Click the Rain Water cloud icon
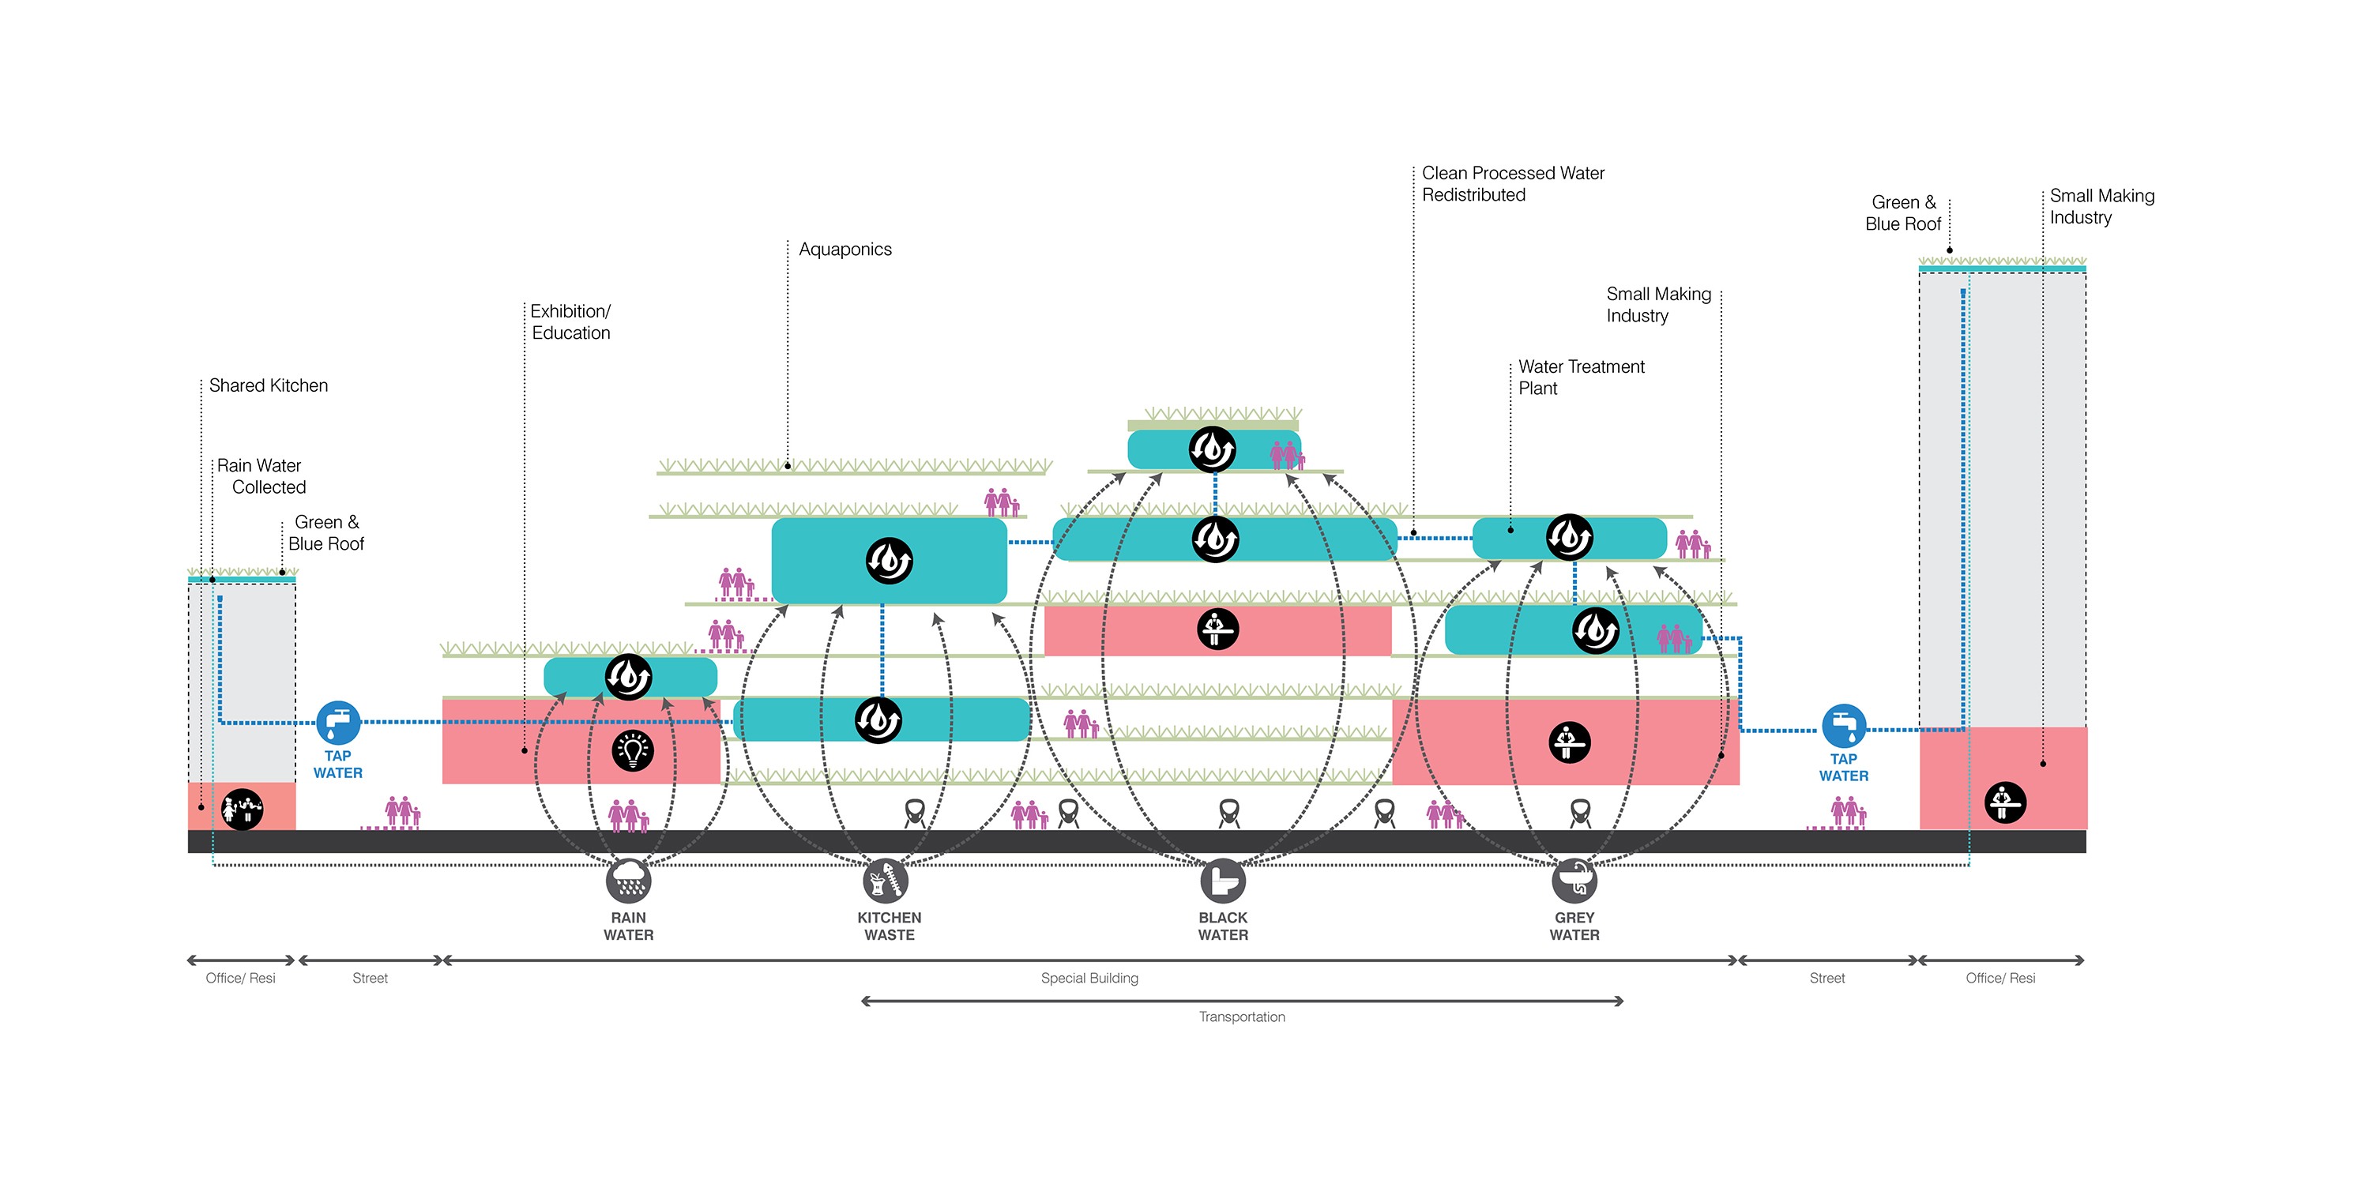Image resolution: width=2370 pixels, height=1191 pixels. [x=628, y=881]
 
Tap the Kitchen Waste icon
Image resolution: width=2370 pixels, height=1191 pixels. [x=885, y=881]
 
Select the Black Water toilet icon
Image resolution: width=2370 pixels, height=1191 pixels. [x=1223, y=881]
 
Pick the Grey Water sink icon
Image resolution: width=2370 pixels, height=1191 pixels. [x=1574, y=881]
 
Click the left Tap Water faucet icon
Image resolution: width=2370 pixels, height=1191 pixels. [x=337, y=723]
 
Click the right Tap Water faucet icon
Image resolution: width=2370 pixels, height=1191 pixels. [x=1844, y=726]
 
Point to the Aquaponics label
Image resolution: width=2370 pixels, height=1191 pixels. [x=845, y=250]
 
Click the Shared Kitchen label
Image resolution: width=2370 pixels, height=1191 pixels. [x=268, y=385]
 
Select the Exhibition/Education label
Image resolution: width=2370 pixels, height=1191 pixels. [x=570, y=322]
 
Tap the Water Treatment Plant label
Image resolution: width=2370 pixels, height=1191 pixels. [x=1581, y=377]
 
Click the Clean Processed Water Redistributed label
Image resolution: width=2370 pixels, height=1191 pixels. [x=1513, y=184]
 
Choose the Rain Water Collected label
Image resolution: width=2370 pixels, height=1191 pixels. [x=261, y=476]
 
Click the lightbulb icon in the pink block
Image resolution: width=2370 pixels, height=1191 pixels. [x=632, y=750]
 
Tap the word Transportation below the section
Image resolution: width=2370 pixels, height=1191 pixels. [x=1241, y=1016]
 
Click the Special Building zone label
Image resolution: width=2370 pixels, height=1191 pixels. [x=1089, y=978]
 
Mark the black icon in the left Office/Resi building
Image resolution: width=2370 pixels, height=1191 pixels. [x=242, y=810]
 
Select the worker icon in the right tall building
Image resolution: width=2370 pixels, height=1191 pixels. [x=2005, y=802]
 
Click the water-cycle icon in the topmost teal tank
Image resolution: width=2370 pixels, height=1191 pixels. [x=1212, y=449]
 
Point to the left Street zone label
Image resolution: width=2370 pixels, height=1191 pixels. [x=370, y=978]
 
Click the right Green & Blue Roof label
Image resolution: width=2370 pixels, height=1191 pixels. [x=1902, y=213]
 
